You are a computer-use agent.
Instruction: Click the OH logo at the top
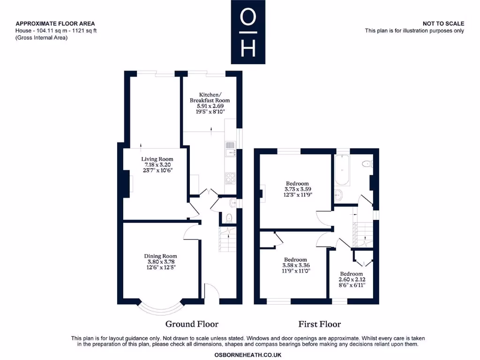(248, 32)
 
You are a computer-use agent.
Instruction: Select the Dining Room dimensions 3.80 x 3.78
(160, 262)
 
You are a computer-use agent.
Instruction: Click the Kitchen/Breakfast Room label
(210, 97)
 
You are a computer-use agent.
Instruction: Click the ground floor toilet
(228, 217)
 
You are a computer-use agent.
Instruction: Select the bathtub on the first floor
(342, 170)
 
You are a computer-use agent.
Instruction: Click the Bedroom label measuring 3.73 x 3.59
(298, 183)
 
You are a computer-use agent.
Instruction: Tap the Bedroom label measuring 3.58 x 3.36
(296, 259)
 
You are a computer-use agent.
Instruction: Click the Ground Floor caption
(192, 324)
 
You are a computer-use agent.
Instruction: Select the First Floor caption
(320, 324)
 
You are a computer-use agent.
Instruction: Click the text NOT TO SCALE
(443, 23)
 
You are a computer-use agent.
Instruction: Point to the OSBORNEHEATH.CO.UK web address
(248, 355)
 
